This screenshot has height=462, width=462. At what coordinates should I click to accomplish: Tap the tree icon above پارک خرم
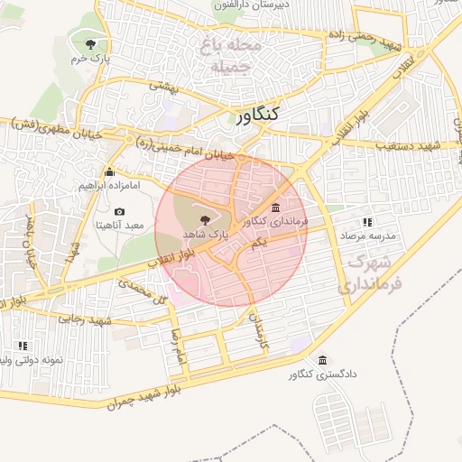89,43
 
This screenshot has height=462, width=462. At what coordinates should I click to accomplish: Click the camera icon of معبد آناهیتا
119,211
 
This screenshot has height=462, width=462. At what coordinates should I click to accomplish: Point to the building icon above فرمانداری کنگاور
275,208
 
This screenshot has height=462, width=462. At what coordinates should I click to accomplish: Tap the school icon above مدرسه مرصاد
367,222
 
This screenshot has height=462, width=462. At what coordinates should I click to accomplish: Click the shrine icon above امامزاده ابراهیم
110,171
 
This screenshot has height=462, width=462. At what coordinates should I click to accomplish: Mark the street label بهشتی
166,87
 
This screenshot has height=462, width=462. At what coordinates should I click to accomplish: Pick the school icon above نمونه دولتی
23,346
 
